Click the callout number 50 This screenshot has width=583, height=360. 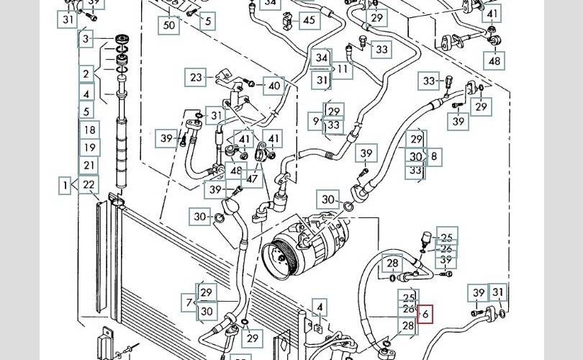pyautogui.click(x=169, y=24)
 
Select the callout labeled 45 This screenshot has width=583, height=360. pyautogui.click(x=309, y=19)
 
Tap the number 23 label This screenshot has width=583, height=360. pyautogui.click(x=196, y=76)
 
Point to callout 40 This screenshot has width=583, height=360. pyautogui.click(x=274, y=86)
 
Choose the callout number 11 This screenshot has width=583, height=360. pyautogui.click(x=342, y=69)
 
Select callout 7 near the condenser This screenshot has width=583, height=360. pyautogui.click(x=189, y=302)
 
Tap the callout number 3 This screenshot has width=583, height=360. pyautogui.click(x=86, y=38)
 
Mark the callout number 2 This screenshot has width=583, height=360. pyautogui.click(x=86, y=73)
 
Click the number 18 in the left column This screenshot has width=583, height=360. pyautogui.click(x=89, y=130)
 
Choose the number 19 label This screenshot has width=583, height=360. pyautogui.click(x=89, y=148)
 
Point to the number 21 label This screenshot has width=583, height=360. pyautogui.click(x=89, y=166)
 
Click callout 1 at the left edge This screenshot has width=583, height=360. pyautogui.click(x=65, y=185)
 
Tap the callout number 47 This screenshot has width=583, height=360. pyautogui.click(x=253, y=177)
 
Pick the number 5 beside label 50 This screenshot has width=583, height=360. pyautogui.click(x=208, y=21)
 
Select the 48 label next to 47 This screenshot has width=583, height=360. pyautogui.click(x=235, y=171)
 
